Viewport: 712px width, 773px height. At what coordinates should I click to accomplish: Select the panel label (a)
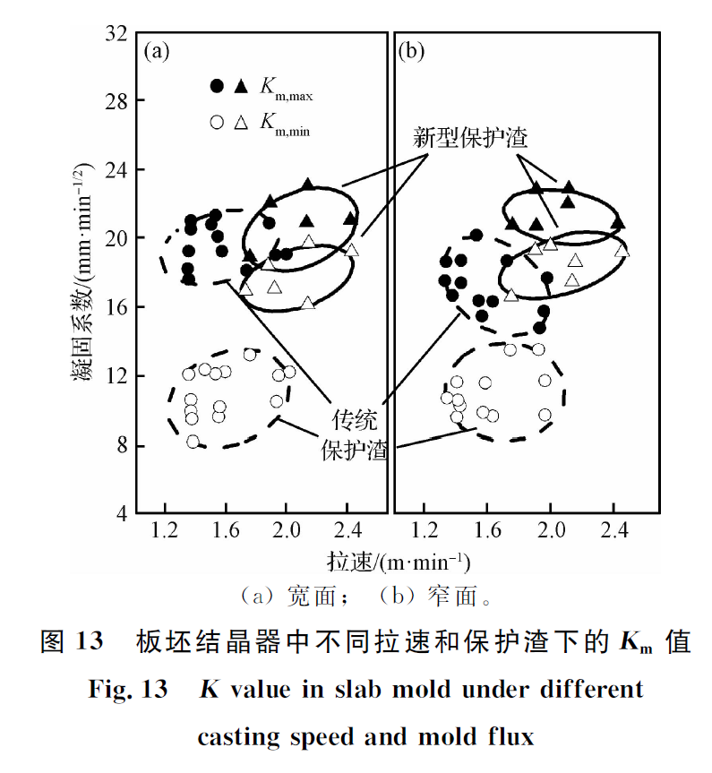click(x=157, y=51)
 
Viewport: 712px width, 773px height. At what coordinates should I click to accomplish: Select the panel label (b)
click(x=411, y=51)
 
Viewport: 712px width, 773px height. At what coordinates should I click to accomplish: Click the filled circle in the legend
click(x=216, y=86)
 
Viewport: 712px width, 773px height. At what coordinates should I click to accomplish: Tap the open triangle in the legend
click(x=240, y=123)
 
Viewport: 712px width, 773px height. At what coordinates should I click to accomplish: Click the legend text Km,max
click(x=286, y=88)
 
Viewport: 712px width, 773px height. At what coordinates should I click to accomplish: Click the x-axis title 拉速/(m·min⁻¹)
click(x=399, y=562)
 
